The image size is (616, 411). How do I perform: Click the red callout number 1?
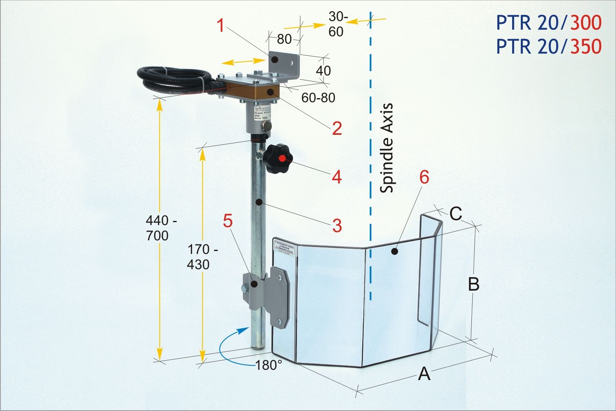(x=221, y=26)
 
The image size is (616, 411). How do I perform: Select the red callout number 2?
(x=337, y=128)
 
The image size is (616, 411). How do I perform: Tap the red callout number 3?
(x=337, y=225)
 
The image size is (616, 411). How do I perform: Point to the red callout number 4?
(x=337, y=177)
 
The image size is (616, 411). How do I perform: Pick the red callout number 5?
(x=228, y=221)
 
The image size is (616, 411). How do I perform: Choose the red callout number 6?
(x=424, y=177)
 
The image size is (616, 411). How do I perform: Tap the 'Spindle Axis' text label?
(x=387, y=148)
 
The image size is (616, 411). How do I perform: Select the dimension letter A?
(x=424, y=374)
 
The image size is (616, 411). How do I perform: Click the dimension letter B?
(x=473, y=284)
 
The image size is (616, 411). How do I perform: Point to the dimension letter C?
(x=456, y=214)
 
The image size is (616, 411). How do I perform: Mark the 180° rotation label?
(x=269, y=365)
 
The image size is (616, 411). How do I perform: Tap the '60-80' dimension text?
(x=318, y=98)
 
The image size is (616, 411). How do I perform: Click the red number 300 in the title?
(x=586, y=22)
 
